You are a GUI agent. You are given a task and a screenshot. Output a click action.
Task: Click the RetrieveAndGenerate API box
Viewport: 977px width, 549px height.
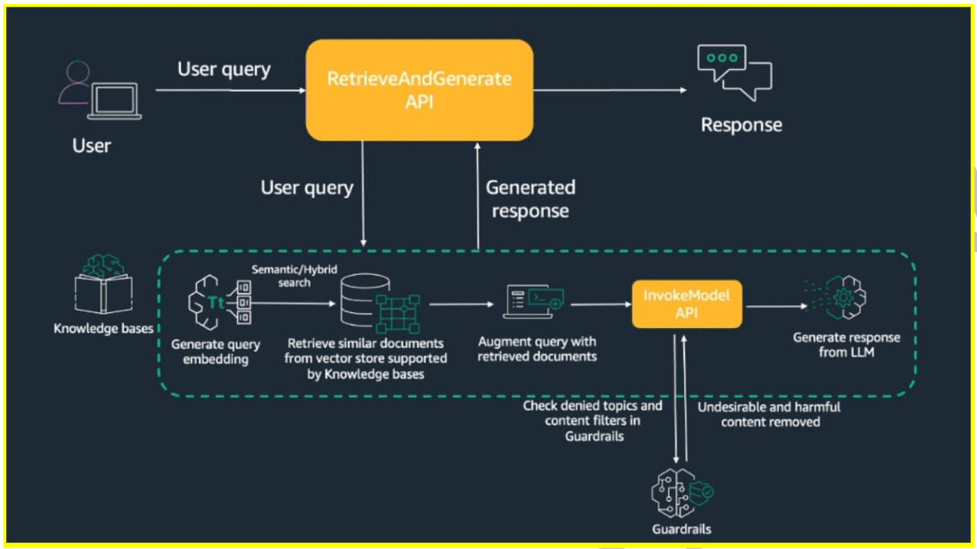coord(419,90)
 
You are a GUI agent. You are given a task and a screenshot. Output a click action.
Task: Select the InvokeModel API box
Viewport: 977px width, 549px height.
coord(686,304)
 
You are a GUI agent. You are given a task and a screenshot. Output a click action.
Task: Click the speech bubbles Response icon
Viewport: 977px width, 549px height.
coord(734,72)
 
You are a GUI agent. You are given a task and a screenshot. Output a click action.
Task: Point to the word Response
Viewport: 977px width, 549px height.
coord(741,125)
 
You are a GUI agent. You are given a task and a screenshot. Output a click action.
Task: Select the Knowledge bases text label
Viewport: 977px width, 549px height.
coord(104,329)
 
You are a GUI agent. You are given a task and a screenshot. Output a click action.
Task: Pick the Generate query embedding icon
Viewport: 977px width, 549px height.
coord(219,302)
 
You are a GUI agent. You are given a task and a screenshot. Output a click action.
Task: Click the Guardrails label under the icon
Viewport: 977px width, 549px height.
coord(682,529)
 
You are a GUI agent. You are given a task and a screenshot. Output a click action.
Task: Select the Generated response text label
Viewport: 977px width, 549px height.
coord(530,199)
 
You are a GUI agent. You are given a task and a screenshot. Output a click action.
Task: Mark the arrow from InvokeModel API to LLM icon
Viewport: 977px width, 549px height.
coord(776,307)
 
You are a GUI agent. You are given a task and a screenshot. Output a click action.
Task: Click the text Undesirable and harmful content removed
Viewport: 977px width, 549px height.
coord(769,414)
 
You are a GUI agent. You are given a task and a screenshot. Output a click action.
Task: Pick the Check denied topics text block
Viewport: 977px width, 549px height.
coord(593,421)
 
